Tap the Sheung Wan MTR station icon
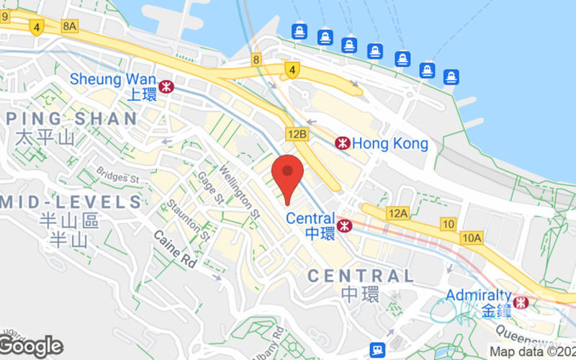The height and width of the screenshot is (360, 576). (x=167, y=86)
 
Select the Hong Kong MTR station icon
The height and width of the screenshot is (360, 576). (x=343, y=143)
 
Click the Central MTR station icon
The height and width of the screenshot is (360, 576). (x=346, y=225)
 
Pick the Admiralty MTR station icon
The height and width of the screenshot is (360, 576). (x=521, y=302)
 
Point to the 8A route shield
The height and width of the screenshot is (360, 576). (x=69, y=26)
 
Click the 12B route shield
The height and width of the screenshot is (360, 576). (x=297, y=134)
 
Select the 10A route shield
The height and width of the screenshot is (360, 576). (x=472, y=238)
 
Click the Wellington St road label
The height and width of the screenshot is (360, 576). (x=239, y=192)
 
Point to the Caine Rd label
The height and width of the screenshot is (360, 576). (x=176, y=250)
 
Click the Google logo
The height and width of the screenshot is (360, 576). (x=30, y=346)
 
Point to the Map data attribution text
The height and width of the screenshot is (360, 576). (x=532, y=351)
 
